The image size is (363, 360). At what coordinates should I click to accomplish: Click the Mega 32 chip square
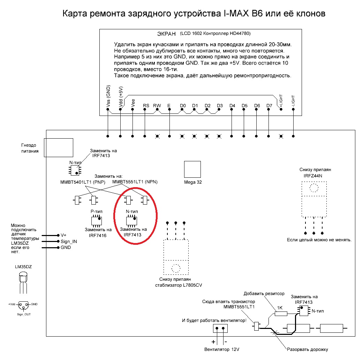[x=192, y=169]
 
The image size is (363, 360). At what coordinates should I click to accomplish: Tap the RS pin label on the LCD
[x=146, y=106]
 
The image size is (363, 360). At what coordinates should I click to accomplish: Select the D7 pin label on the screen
[x=269, y=106]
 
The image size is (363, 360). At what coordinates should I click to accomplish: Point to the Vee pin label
[x=133, y=103]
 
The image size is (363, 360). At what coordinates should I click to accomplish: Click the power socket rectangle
[x=59, y=148]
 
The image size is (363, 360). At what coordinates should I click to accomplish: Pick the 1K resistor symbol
[x=281, y=314]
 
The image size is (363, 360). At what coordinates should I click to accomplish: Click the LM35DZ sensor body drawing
[x=23, y=282]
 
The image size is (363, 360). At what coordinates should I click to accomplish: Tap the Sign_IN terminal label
[x=69, y=242]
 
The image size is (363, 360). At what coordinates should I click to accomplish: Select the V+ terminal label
[x=63, y=235]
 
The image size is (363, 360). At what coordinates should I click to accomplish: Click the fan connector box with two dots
[x=220, y=329]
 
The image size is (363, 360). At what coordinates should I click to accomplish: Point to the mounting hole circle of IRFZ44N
[x=314, y=188]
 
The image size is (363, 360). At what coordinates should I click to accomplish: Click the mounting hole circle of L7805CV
[x=176, y=269]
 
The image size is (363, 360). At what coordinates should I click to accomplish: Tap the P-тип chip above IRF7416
[x=97, y=221]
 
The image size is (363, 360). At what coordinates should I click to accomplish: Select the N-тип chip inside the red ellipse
[x=131, y=221]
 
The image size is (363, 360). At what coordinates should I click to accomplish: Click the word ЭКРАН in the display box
[x=166, y=34]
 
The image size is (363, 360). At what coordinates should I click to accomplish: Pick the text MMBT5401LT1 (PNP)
[x=83, y=182]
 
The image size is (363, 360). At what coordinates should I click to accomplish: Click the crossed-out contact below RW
[x=157, y=136]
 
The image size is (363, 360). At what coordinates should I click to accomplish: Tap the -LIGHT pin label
[x=293, y=101]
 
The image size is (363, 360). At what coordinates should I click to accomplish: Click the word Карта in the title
[x=75, y=14]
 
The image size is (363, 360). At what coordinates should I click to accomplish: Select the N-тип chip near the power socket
[x=75, y=170]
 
